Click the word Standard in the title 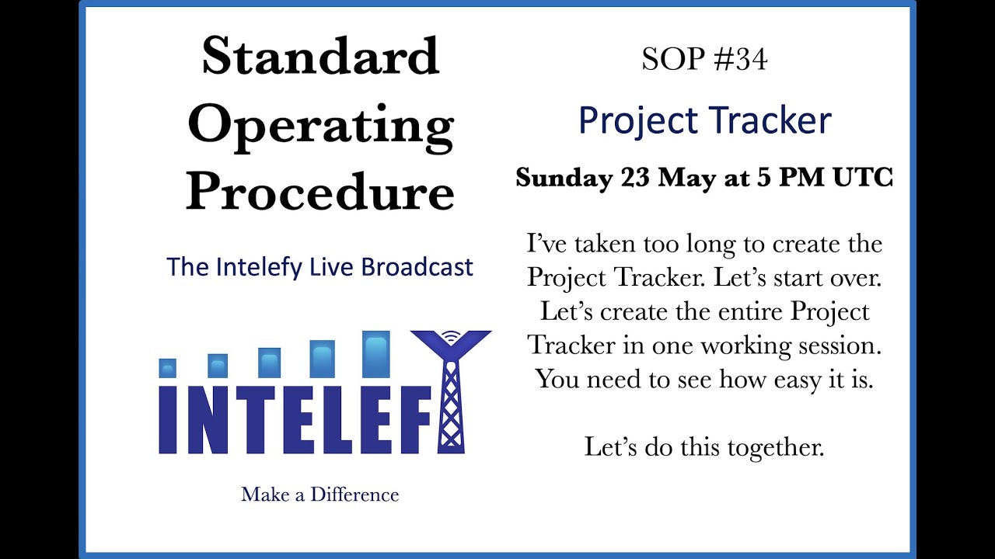pos(320,57)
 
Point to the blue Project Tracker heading pos(704,121)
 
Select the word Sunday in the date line pos(564,178)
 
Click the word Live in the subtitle pos(331,267)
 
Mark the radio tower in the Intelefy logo pos(451,396)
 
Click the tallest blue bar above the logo pos(376,355)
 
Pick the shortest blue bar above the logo pos(167,368)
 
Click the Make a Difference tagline pos(319,495)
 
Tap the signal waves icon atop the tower pos(450,336)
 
